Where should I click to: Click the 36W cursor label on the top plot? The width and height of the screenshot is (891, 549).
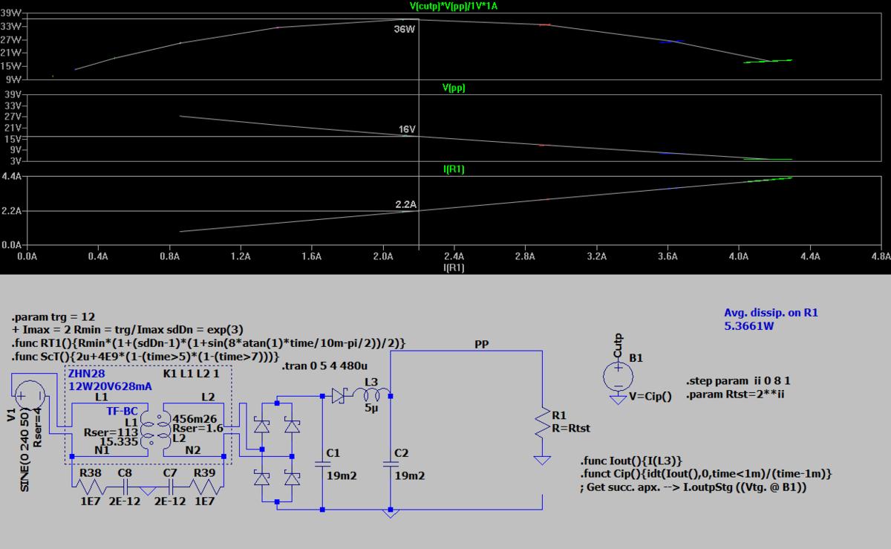click(x=404, y=30)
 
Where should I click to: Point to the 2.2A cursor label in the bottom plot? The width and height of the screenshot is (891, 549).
click(x=406, y=204)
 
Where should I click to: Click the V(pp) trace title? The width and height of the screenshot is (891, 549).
click(x=453, y=88)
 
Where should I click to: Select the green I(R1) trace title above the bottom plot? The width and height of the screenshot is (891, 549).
click(x=454, y=169)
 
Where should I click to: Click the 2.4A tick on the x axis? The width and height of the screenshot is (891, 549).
click(x=454, y=256)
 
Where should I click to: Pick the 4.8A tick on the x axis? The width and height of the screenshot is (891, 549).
click(x=881, y=256)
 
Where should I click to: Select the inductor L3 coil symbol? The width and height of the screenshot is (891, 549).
click(x=371, y=395)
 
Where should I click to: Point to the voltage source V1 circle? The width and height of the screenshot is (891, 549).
click(x=29, y=395)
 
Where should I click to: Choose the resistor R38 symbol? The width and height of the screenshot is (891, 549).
click(x=90, y=486)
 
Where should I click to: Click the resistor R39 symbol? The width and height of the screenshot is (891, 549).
click(x=205, y=486)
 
